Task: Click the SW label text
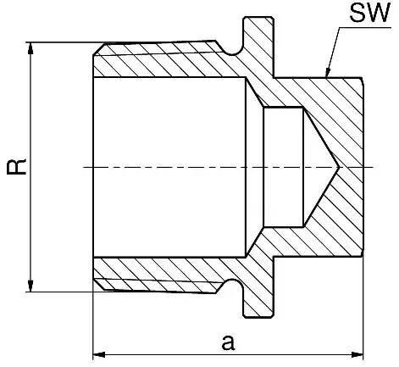coord(370,13)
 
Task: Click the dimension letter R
coord(17,167)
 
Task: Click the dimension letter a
coord(228,342)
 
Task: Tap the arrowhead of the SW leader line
coord(328,72)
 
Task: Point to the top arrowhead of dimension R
coord(30,47)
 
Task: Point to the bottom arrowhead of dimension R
coord(30,286)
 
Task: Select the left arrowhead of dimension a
coord(99,354)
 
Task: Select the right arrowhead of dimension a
coord(357,354)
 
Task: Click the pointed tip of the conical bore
coord(339,167)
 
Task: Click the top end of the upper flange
coord(258,18)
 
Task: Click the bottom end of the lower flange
coord(258,316)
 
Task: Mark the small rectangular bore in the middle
coord(283,167)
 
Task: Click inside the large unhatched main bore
coord(169,167)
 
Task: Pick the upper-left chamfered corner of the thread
coord(99,49)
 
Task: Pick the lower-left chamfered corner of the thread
coord(99,284)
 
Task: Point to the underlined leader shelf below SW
coord(365,27)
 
